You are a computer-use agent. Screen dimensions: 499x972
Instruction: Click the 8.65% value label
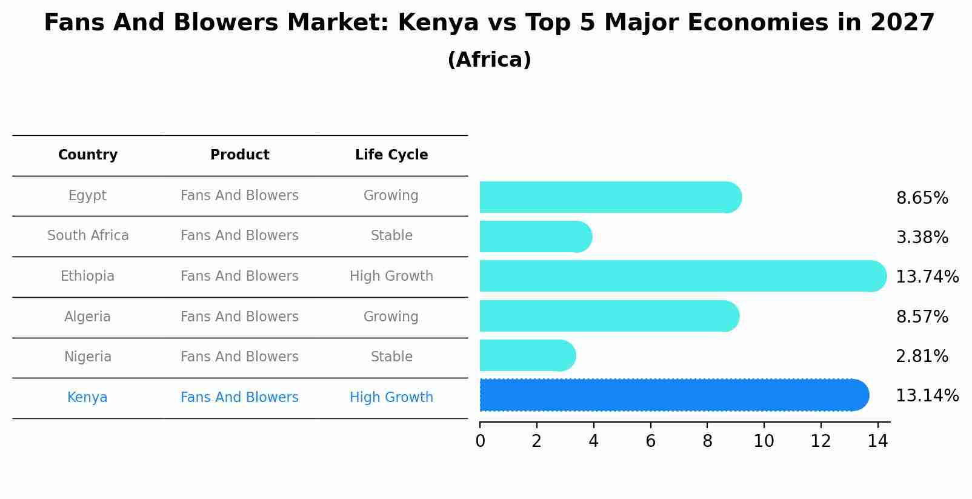coord(922,198)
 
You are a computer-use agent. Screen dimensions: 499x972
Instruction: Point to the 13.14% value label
coord(927,396)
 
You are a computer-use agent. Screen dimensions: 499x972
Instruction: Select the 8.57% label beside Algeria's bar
coord(922,317)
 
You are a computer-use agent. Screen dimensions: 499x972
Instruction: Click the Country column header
coord(88,155)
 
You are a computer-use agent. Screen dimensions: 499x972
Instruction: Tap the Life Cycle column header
coord(391,155)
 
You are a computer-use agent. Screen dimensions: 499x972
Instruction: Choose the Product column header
coord(240,155)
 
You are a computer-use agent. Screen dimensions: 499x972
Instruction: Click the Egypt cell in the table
coord(87,196)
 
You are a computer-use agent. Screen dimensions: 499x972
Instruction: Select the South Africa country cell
coord(88,236)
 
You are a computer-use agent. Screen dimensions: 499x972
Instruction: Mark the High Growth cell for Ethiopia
coord(391,276)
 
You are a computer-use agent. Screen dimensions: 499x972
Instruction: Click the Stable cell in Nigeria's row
coord(391,357)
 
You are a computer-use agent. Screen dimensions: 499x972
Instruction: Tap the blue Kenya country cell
coord(87,398)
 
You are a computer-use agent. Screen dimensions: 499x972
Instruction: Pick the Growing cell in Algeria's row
coord(391,317)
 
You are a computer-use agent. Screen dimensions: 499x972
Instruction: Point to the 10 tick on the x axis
coord(764,441)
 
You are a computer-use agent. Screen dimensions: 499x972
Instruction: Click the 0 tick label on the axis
coord(481,441)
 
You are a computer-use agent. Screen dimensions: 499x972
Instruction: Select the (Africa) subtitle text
coord(489,60)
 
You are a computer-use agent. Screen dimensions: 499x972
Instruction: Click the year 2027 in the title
coord(902,23)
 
